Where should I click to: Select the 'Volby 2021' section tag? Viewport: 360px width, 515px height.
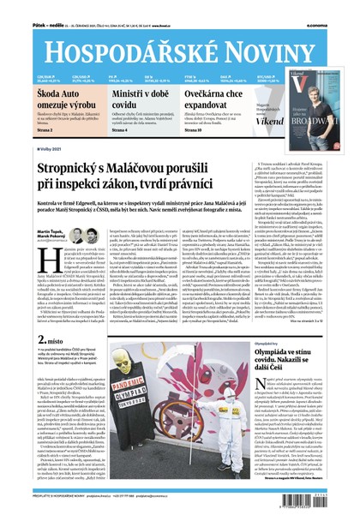click(28, 148)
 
